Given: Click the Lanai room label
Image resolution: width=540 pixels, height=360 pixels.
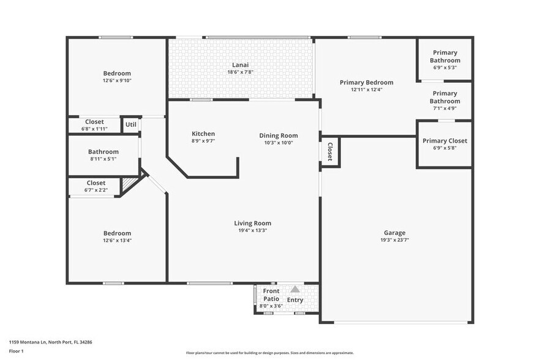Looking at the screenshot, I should [x=240, y=65].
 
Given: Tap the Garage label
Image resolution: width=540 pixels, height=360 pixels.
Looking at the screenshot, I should [x=394, y=233].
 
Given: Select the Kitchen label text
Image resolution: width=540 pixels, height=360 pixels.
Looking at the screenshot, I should [x=203, y=134].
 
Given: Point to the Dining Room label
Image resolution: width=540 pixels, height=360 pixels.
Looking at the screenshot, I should [x=278, y=136].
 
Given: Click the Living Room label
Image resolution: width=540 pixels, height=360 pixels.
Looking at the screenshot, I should [x=252, y=223].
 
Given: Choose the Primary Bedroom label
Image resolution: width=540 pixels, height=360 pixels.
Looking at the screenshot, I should [x=367, y=83].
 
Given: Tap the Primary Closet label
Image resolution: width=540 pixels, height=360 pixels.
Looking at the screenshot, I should [x=444, y=141].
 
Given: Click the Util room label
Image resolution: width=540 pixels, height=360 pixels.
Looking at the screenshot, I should [x=130, y=125].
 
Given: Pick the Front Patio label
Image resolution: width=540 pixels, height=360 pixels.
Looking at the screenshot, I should [x=271, y=294].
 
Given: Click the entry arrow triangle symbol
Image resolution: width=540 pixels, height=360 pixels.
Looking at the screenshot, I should [x=295, y=289].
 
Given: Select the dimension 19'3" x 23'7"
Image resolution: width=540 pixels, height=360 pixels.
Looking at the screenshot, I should [x=394, y=240].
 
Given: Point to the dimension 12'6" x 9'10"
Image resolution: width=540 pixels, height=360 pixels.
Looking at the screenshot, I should [x=117, y=80].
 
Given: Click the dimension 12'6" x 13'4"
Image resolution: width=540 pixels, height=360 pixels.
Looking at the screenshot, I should [x=117, y=240].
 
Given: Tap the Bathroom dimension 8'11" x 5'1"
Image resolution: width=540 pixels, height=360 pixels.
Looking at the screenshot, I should [x=103, y=159].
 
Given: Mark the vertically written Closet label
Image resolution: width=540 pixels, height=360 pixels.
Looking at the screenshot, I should [x=329, y=151].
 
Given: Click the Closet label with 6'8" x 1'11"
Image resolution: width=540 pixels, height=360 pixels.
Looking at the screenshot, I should [x=94, y=122].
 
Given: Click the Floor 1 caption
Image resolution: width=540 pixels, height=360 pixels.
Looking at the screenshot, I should [x=16, y=351].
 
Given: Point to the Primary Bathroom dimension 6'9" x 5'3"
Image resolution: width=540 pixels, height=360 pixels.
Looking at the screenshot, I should [x=444, y=67].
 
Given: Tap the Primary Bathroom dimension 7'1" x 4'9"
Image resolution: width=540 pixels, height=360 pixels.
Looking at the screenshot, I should [x=444, y=108].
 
